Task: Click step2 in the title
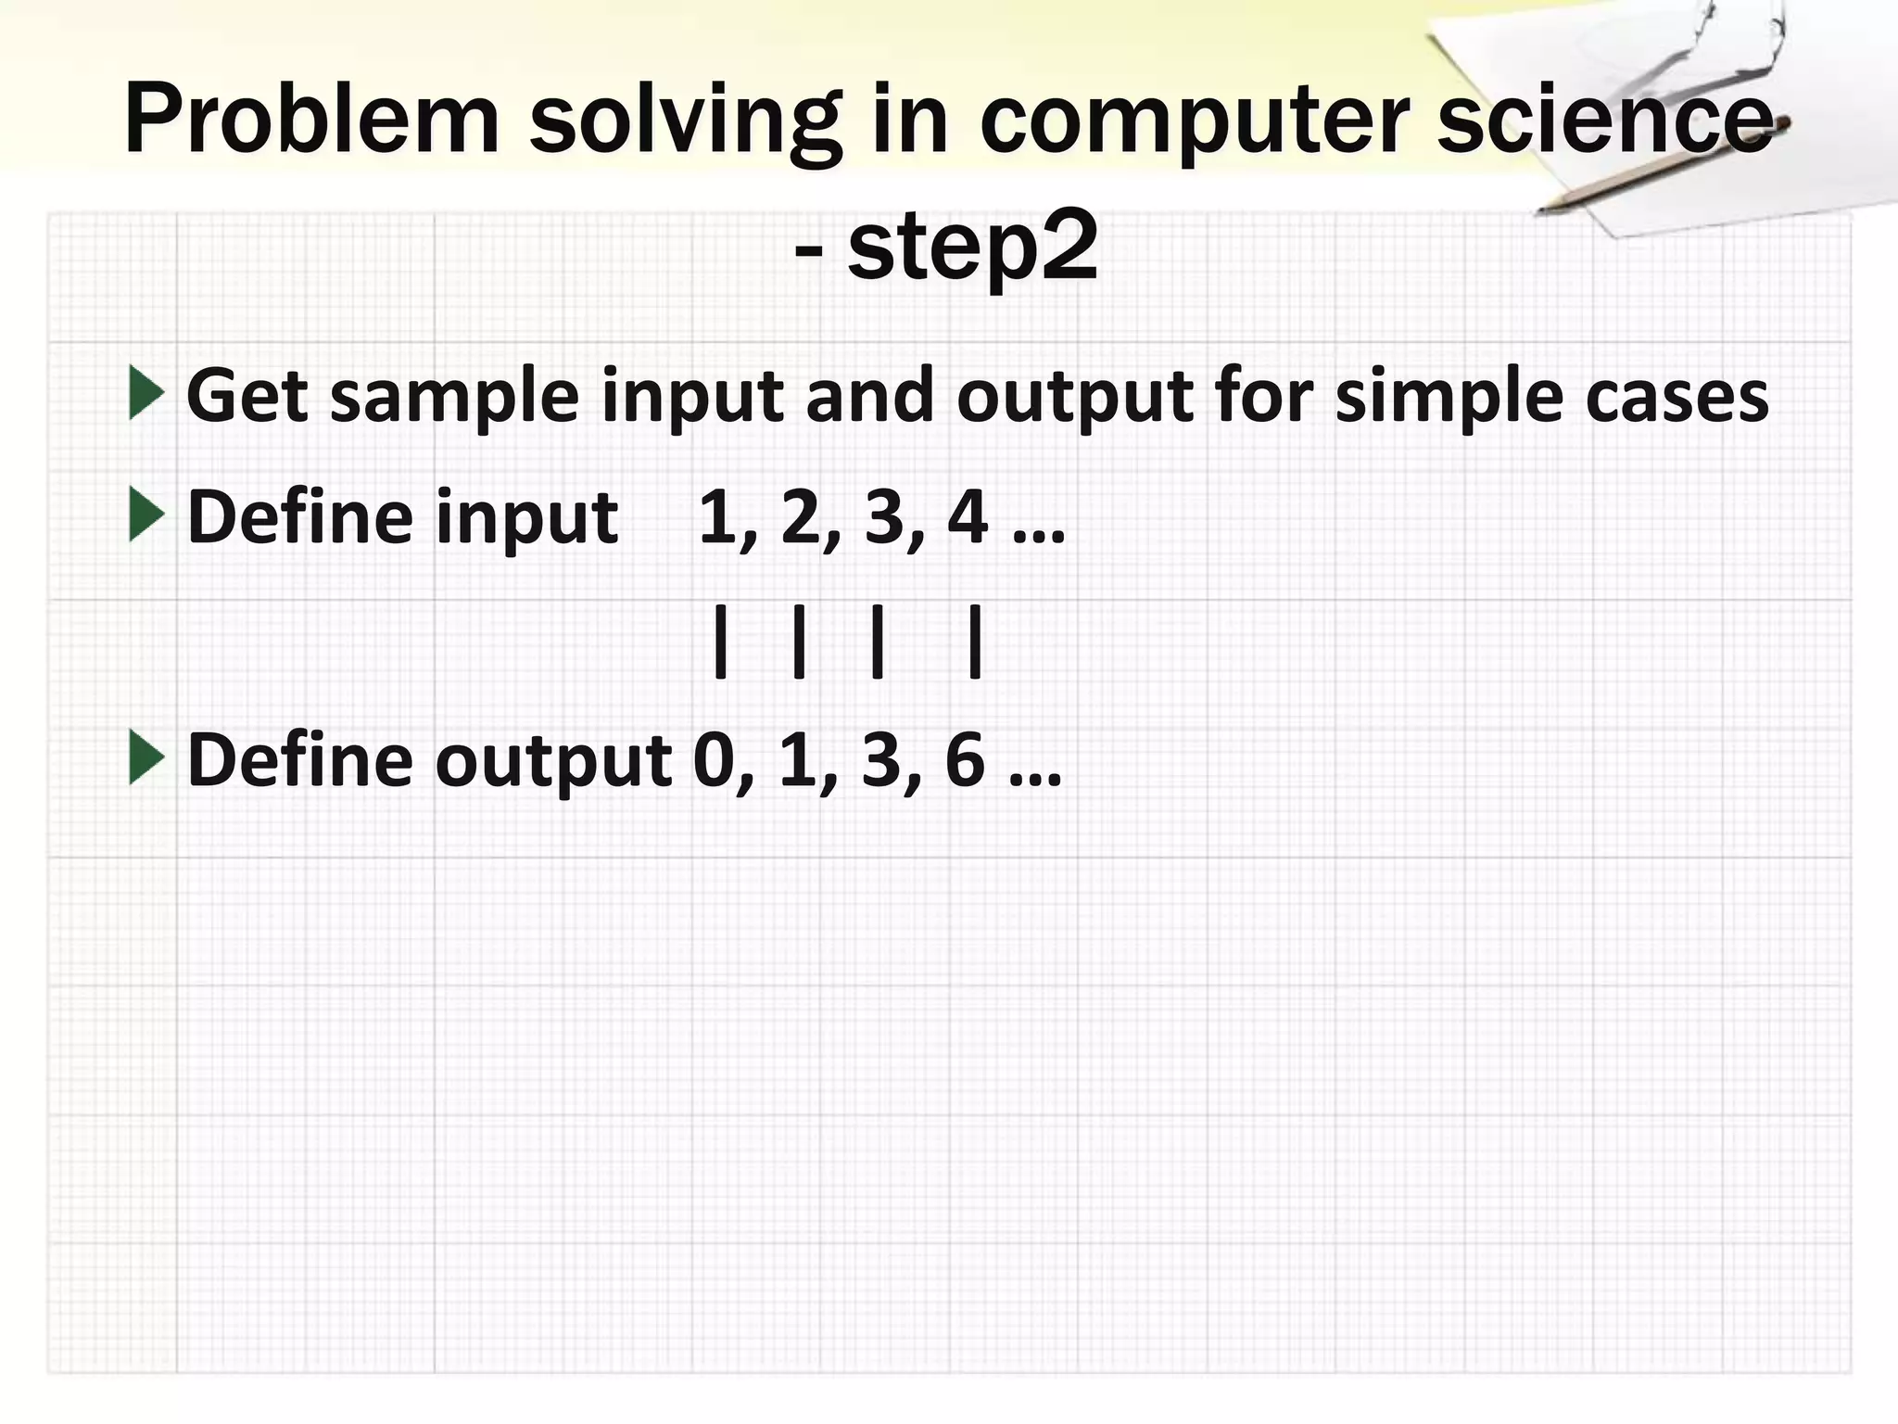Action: [972, 247]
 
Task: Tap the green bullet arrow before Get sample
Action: [146, 392]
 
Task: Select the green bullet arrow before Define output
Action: [146, 756]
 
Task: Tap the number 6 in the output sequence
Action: [965, 759]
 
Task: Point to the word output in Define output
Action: [553, 761]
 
